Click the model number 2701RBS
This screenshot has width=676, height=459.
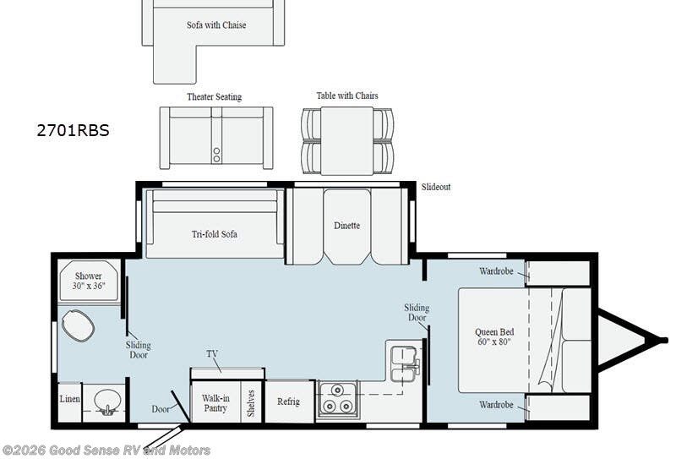[73, 130]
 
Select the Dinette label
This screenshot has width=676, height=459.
[346, 226]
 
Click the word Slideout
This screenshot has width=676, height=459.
[436, 187]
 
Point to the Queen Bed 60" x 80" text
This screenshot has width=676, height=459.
[494, 337]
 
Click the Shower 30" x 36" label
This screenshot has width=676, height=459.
[89, 281]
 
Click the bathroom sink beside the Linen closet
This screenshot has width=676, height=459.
[106, 401]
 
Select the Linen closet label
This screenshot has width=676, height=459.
[70, 398]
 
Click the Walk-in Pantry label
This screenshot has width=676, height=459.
[215, 402]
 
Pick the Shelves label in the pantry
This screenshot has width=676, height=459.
[252, 402]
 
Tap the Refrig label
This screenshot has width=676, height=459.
[289, 402]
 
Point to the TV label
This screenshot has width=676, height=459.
[213, 353]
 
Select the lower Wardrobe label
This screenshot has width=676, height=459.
[496, 405]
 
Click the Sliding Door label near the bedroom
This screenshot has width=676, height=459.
[416, 313]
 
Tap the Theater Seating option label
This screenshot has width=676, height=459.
[214, 97]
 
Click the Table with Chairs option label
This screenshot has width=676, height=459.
[347, 96]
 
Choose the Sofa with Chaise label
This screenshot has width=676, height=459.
[216, 25]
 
